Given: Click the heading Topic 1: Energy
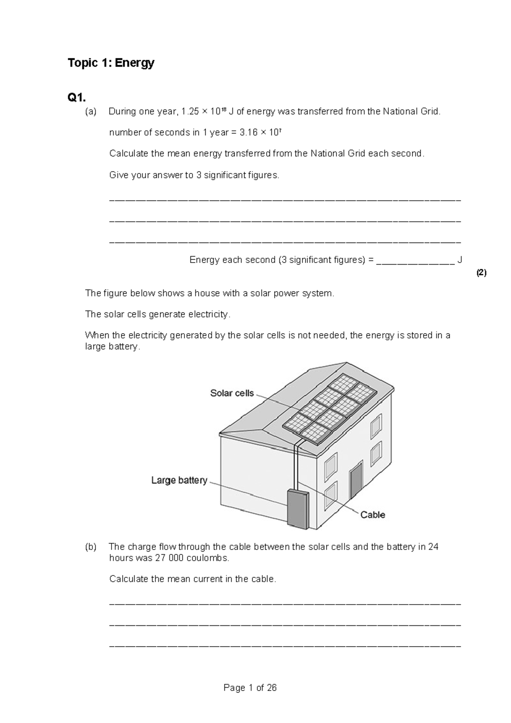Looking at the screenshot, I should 111,63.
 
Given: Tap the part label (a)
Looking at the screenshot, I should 91,112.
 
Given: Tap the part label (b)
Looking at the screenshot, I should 91,547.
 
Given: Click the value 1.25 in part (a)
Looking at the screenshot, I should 190,112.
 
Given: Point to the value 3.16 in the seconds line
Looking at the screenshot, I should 249,133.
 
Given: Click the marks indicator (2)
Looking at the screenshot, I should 481,273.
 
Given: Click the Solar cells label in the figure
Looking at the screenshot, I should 232,393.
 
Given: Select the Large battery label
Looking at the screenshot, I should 179,480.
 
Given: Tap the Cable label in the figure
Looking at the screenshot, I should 373,515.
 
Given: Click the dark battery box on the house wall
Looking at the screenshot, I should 297,509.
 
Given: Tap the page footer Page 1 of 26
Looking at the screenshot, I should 250,688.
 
